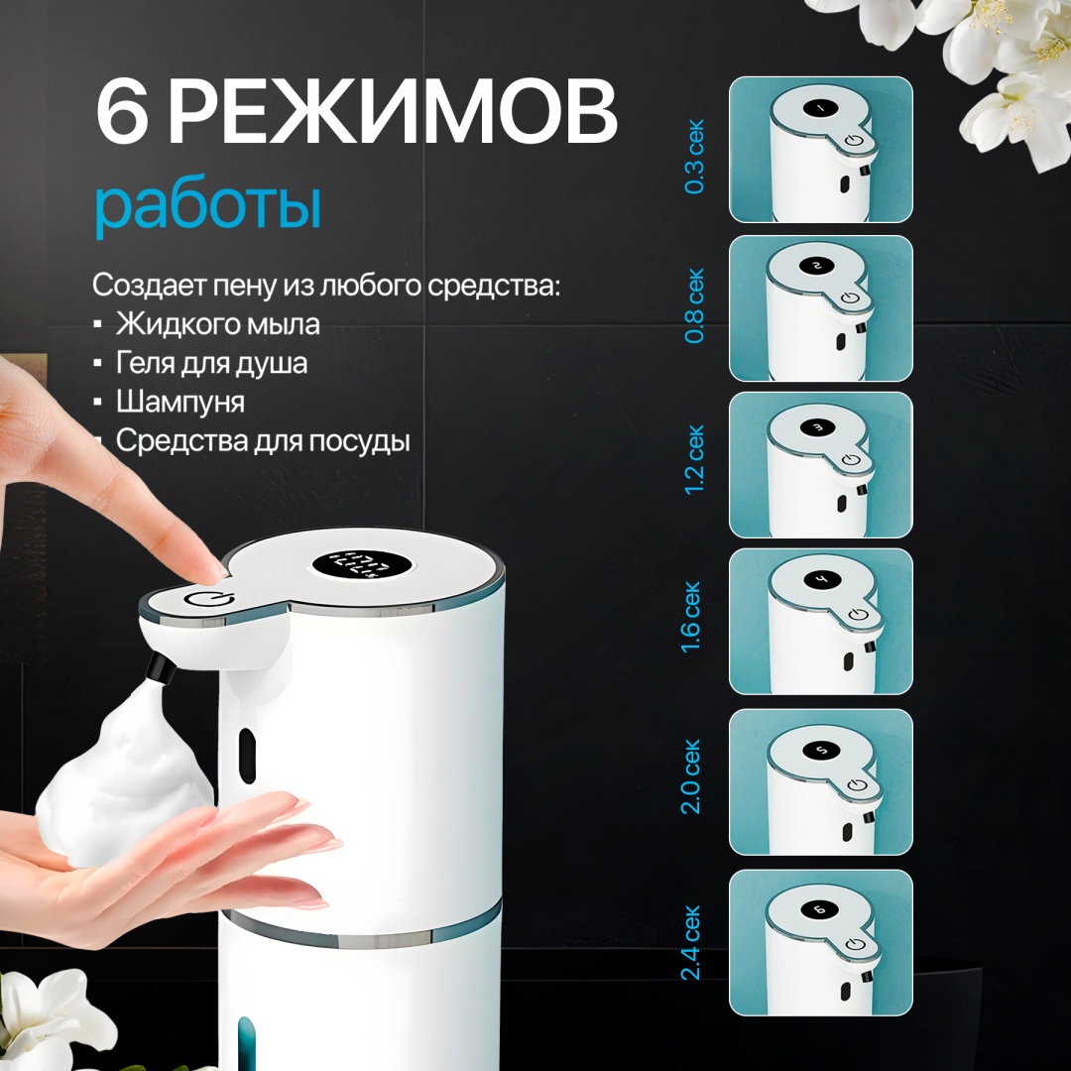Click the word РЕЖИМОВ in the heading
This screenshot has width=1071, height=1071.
(394, 111)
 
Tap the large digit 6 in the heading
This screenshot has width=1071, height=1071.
(122, 111)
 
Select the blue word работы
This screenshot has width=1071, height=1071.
(207, 203)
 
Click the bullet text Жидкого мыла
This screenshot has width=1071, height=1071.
(217, 323)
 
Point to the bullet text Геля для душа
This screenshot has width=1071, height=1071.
(211, 363)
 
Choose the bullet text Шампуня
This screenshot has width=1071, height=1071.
(179, 402)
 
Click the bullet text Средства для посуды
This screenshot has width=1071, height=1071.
(263, 440)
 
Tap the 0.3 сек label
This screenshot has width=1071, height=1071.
(694, 157)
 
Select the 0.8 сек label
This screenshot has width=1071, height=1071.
(694, 305)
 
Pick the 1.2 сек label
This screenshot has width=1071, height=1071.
(694, 460)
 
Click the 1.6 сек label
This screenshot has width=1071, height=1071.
(691, 617)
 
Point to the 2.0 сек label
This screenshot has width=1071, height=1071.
(691, 776)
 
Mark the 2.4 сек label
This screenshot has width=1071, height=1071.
(691, 943)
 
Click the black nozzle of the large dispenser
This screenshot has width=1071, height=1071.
(161, 667)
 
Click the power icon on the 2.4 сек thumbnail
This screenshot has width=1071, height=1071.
(855, 945)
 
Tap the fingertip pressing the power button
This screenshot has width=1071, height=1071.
(211, 569)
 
